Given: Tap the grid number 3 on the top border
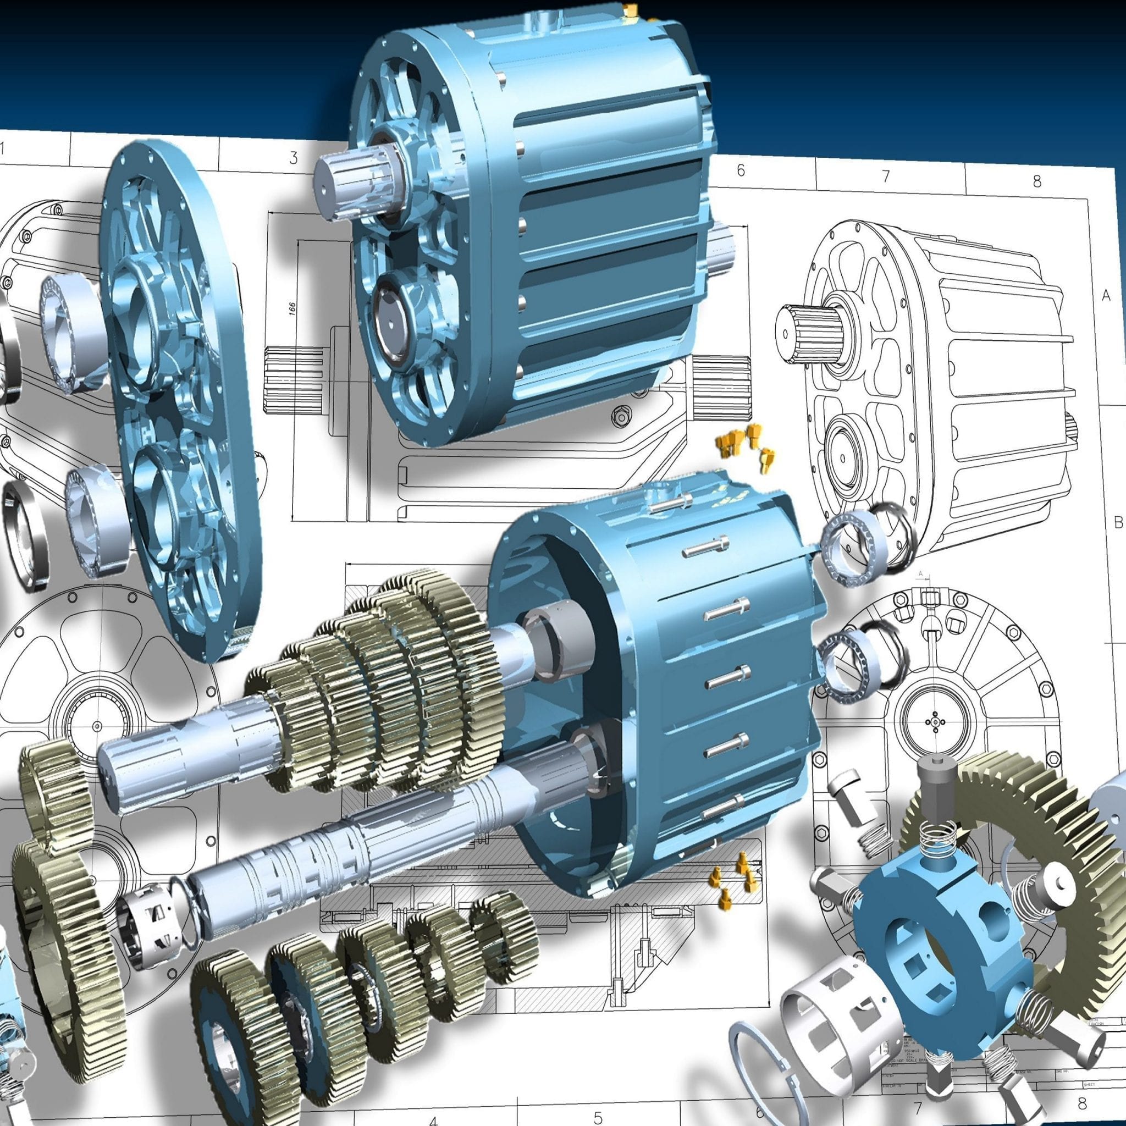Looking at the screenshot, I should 294,158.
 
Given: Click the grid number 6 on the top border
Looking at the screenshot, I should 741,170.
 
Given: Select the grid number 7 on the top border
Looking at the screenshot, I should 886,176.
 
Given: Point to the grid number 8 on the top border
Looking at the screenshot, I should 1037,181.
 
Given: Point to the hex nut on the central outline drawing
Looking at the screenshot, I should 621,416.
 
